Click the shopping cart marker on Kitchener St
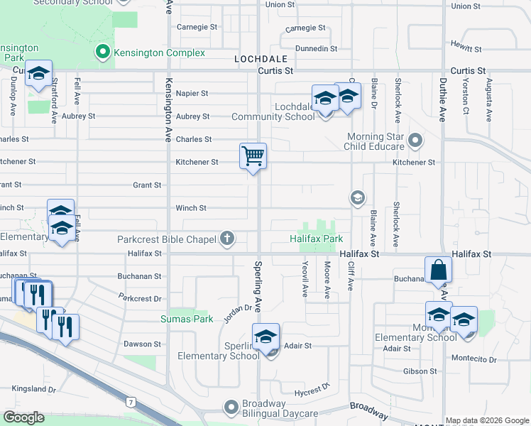(253, 155)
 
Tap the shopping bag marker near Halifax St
(439, 270)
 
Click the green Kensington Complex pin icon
(103, 52)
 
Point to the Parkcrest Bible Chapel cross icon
(227, 239)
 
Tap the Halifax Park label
(317, 239)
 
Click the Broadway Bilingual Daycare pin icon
(231, 408)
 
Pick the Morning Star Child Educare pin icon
(415, 141)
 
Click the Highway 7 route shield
(131, 403)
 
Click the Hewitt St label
(466, 50)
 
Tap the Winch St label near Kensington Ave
(191, 208)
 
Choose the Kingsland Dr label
(33, 389)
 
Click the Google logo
(24, 417)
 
